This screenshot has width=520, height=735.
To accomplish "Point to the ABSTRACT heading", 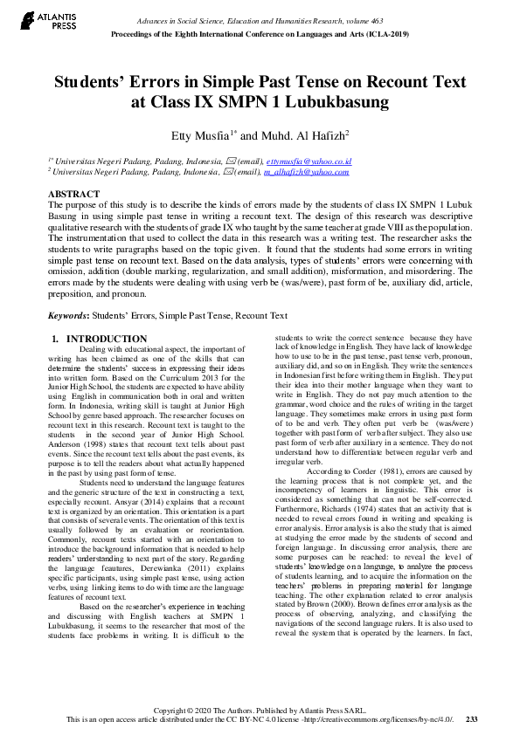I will pos(73,194).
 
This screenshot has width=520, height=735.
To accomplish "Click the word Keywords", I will pos(67,315).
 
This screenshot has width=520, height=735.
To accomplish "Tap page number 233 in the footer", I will pos(471,718).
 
